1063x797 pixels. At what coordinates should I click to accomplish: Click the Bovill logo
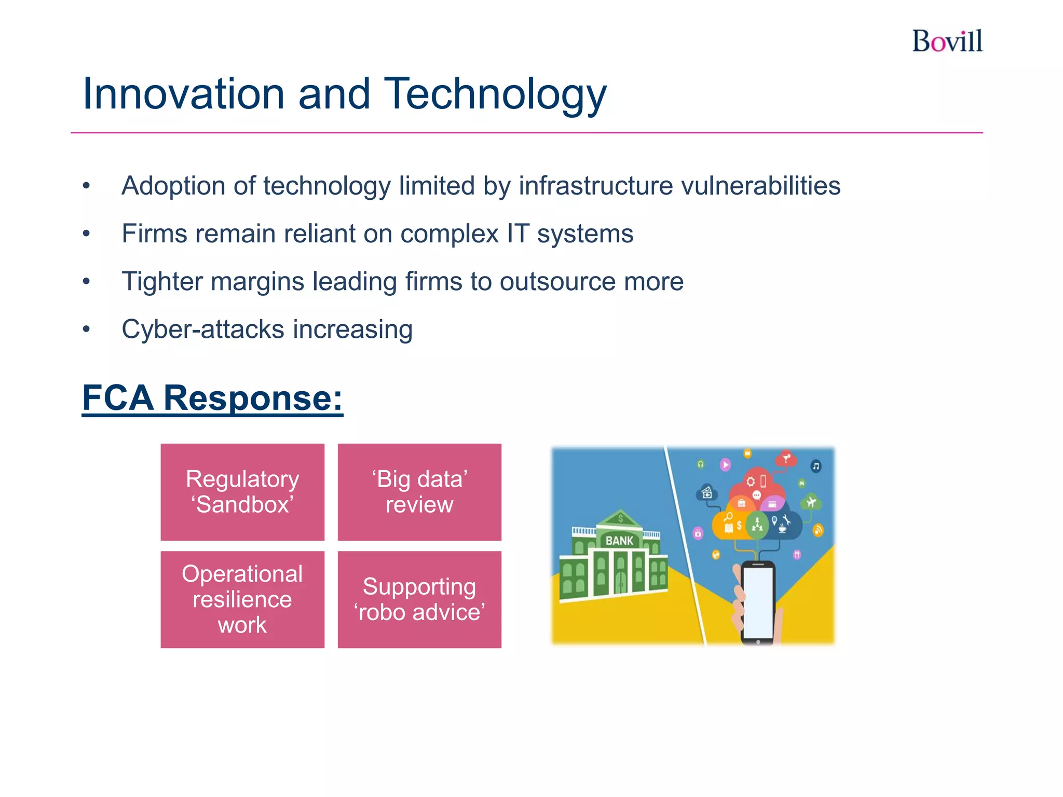947,42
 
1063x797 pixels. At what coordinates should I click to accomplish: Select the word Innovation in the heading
183,94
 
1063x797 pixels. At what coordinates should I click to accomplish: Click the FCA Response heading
212,398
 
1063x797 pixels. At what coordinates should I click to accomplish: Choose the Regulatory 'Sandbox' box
242,492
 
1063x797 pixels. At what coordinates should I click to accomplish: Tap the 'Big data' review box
419,492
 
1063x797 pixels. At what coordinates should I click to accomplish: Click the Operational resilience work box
242,599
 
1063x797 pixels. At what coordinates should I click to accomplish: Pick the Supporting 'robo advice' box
419,599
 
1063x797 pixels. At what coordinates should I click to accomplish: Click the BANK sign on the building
619,541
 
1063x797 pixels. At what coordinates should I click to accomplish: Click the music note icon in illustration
816,466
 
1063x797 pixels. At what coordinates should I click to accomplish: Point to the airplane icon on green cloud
811,502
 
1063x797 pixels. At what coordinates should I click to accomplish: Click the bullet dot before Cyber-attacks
87,329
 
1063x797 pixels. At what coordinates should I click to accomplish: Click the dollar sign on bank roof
620,518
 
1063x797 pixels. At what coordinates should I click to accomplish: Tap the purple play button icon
725,464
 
